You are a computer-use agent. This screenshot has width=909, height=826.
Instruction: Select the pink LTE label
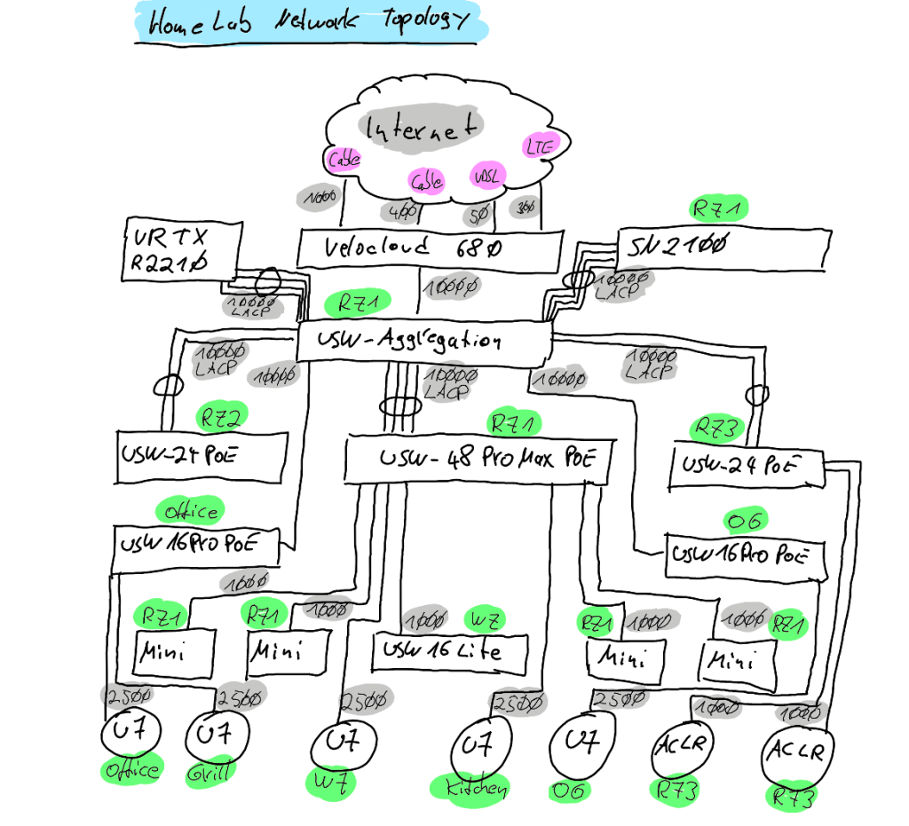click(539, 146)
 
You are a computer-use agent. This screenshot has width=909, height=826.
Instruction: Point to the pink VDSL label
click(486, 175)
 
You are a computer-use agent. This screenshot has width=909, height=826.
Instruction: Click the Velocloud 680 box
click(430, 248)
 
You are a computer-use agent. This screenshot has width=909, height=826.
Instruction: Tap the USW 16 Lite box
click(450, 653)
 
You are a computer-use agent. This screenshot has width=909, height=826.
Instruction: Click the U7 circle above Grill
click(217, 736)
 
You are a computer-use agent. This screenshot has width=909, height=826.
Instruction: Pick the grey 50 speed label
click(479, 213)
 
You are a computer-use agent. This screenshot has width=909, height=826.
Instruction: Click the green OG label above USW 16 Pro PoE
click(744, 520)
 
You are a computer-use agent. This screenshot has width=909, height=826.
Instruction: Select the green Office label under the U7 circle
click(133, 770)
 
